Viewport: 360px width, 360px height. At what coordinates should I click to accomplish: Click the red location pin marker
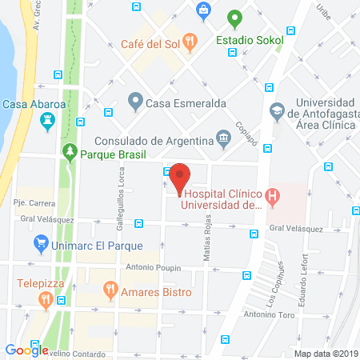point(181,177)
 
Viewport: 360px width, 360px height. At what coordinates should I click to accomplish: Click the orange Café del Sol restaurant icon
point(190,41)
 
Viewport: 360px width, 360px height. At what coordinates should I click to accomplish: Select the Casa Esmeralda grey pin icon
point(134,102)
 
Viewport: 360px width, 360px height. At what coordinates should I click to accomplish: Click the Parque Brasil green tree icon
point(70,151)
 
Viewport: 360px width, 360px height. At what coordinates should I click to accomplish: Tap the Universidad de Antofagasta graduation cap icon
point(277,110)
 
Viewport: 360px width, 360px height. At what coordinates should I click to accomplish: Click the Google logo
point(26,349)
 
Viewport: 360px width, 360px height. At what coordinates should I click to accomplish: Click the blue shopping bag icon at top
point(204,10)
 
